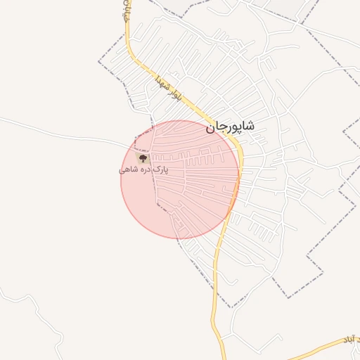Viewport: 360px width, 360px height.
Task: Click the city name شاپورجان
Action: point(230,127)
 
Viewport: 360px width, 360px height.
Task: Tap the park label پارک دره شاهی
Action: point(145,170)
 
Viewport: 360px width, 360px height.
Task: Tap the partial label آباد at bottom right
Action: point(348,340)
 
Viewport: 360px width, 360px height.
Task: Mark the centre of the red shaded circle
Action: point(180,179)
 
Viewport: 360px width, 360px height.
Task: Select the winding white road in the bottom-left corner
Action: point(35,309)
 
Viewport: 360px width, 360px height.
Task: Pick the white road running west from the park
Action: point(70,129)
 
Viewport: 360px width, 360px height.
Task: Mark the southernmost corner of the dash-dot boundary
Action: point(231,307)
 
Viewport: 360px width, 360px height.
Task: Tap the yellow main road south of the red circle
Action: point(214,295)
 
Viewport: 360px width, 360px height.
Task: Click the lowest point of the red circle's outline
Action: point(180,238)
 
